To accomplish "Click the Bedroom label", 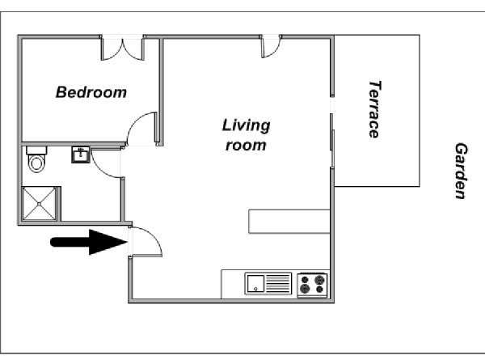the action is [91, 92].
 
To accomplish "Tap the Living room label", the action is [247, 135].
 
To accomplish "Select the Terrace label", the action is [375, 109].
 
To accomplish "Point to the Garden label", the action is [462, 171].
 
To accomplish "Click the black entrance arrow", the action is [89, 242].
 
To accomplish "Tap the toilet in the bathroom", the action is [36, 159].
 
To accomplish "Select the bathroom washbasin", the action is [81, 154].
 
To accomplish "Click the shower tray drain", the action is [40, 204].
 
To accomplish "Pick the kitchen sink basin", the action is [255, 283].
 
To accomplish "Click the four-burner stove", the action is [312, 285].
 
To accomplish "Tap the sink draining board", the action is [278, 284].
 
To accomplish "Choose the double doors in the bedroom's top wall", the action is [123, 49].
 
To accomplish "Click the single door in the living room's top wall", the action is [270, 47].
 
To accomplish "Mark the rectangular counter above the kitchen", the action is [289, 222].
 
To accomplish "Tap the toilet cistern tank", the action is [36, 150].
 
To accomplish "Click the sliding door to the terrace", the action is [332, 141].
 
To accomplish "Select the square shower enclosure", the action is [40, 204].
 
